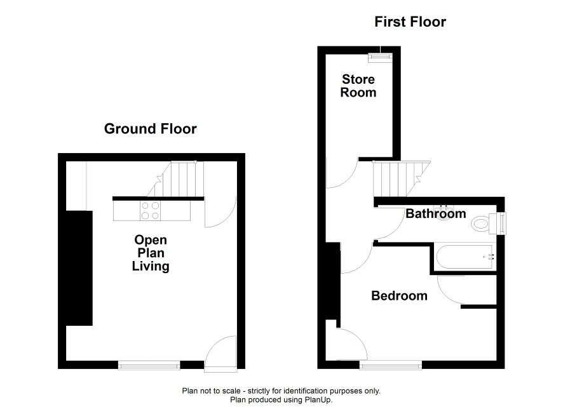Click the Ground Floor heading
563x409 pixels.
tap(151, 129)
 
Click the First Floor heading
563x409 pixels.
tap(410, 22)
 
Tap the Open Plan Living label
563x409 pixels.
tap(151, 253)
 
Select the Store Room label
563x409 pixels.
tap(358, 86)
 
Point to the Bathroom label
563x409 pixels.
tap(436, 214)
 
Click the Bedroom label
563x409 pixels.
tap(399, 296)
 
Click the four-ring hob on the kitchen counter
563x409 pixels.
tap(150, 211)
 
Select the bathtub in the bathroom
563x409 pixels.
tap(465, 257)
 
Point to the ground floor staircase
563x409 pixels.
tap(175, 179)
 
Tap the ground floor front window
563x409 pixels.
tap(149, 365)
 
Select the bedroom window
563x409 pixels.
tap(391, 365)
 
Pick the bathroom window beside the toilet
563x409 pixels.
tap(501, 223)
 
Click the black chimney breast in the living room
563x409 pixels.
tap(79, 268)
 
